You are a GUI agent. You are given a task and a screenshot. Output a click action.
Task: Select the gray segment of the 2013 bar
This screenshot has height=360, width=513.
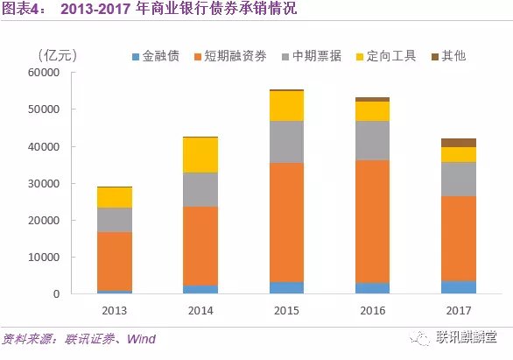point(115,220)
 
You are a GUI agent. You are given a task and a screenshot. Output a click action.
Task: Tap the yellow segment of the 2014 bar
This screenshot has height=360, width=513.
point(200,155)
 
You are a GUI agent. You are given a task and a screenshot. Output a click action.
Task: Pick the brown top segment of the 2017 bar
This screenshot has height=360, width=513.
point(458,142)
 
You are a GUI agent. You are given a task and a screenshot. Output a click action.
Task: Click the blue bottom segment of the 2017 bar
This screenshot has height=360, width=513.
point(458,287)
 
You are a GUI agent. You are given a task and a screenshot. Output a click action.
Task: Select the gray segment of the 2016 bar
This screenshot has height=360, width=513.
point(372,140)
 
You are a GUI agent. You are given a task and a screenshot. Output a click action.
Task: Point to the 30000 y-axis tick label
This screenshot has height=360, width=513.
point(43,184)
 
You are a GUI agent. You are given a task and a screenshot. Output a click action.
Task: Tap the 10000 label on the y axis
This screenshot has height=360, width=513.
point(43,258)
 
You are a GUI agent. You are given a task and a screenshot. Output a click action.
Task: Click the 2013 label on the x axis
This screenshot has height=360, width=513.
point(115,309)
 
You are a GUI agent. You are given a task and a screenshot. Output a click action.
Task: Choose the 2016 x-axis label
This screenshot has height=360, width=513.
point(372,309)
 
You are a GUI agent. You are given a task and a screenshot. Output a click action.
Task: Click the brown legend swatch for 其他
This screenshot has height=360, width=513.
point(436,56)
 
